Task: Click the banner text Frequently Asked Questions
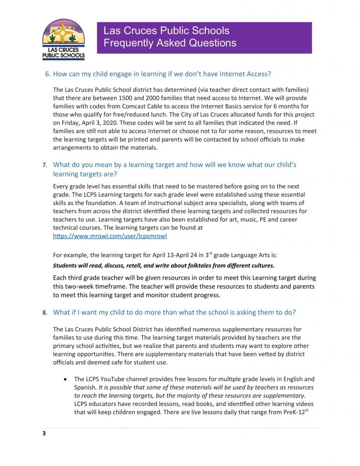tap(170, 43)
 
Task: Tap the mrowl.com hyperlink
tap(106, 236)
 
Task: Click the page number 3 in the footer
tap(44, 433)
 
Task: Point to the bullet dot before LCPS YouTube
tap(67, 379)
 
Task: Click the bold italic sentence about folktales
tap(164, 265)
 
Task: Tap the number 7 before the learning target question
tap(45, 165)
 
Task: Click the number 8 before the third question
tap(45, 313)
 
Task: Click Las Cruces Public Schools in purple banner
tap(166, 31)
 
